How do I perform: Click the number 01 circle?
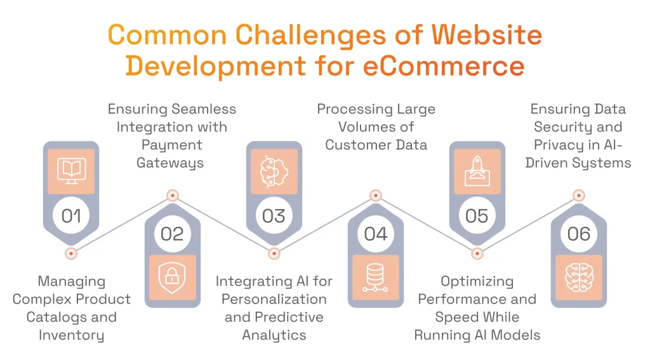(71, 216)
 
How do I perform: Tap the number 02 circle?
(172, 234)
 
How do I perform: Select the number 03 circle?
(274, 216)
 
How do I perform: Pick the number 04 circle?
(375, 234)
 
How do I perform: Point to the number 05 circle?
(477, 216)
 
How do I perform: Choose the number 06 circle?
(578, 234)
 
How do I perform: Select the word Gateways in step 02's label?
(171, 163)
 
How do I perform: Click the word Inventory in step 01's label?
(71, 335)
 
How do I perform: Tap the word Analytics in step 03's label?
(274, 335)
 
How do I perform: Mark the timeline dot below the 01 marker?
(71, 253)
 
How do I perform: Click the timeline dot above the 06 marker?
(578, 196)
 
